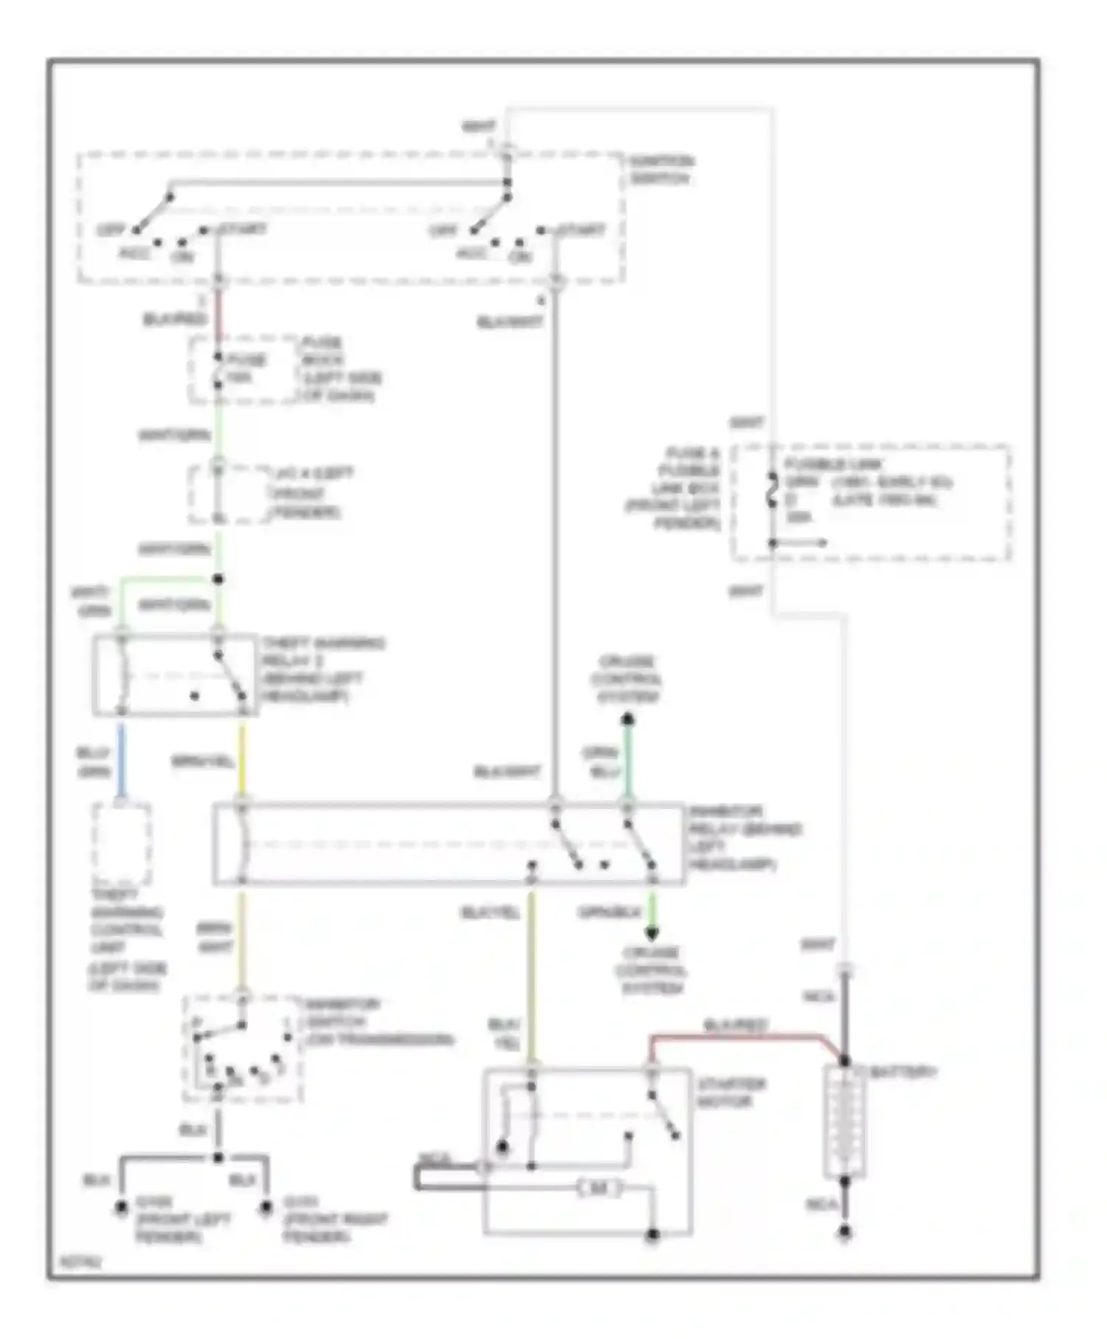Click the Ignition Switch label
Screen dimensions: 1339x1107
(661, 171)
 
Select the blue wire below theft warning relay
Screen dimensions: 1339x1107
(121, 760)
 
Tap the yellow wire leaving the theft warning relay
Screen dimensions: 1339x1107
(242, 760)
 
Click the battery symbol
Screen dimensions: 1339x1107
(845, 1122)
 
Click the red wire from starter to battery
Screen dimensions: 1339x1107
(738, 1037)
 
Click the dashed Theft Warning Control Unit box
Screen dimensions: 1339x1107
(122, 844)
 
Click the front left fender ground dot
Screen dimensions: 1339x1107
(120, 1208)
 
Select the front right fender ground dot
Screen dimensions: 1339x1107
(266, 1208)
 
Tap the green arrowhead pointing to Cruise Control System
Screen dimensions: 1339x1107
(652, 934)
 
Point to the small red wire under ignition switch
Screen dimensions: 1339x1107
(218, 310)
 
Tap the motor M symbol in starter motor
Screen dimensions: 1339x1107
(600, 1188)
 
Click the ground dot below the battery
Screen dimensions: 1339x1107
(845, 1233)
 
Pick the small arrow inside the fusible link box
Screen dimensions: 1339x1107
(808, 543)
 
